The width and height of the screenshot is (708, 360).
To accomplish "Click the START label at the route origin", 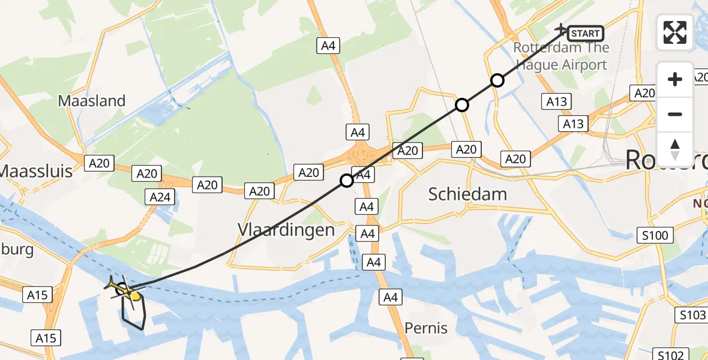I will [585, 34].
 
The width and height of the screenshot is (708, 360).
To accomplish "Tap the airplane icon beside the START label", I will [562, 29].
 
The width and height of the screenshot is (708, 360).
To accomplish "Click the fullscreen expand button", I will [675, 32].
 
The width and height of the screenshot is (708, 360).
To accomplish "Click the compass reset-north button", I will [675, 149].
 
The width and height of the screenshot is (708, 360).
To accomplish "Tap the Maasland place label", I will [92, 101].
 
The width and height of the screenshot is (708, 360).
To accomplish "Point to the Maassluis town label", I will [36, 171].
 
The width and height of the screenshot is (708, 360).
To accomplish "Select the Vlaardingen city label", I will [286, 230].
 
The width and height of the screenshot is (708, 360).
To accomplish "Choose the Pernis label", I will [426, 328].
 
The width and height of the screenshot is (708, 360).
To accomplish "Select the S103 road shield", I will [693, 315].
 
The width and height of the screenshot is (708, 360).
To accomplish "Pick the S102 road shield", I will [668, 355].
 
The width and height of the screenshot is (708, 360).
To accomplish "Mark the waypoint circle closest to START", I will [497, 80].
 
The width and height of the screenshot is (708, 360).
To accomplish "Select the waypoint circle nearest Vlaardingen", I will [347, 180].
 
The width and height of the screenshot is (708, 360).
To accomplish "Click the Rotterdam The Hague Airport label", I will [561, 56].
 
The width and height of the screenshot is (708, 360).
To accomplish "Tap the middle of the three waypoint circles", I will [461, 105].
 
